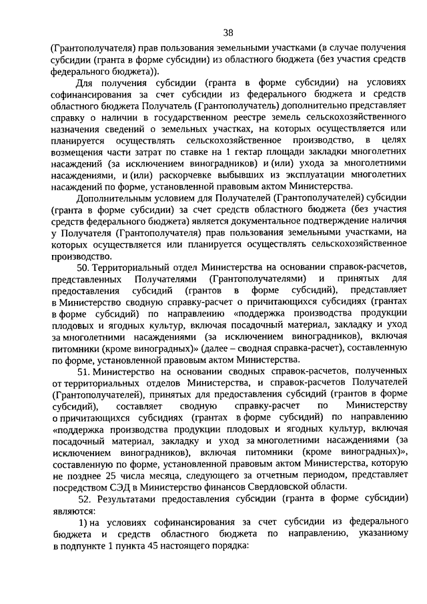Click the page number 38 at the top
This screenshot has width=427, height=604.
point(228,32)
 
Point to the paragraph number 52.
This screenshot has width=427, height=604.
point(84,499)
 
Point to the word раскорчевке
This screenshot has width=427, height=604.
point(185,175)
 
